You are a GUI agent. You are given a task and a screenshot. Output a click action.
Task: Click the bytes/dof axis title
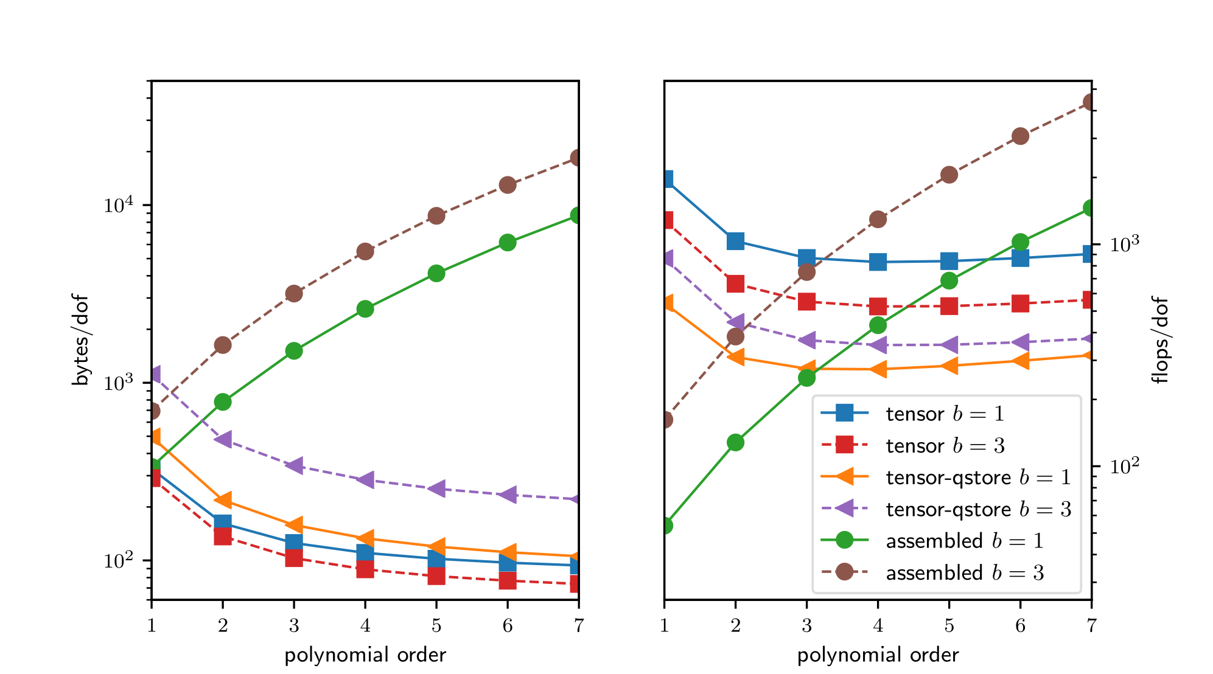pyautogui.click(x=80, y=340)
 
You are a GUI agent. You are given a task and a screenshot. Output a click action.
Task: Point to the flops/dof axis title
pyautogui.click(x=1161, y=340)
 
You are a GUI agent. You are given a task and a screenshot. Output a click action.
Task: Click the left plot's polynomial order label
pyautogui.click(x=365, y=655)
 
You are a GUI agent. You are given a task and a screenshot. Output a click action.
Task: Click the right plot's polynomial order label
pyautogui.click(x=878, y=655)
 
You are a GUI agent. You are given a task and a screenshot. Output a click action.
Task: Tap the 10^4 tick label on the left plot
pyautogui.click(x=118, y=205)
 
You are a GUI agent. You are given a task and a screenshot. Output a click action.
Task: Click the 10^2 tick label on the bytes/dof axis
pyautogui.click(x=118, y=560)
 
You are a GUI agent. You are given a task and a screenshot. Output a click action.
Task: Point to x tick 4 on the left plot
pyautogui.click(x=365, y=625)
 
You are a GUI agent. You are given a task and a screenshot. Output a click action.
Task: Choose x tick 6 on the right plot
pyautogui.click(x=1020, y=625)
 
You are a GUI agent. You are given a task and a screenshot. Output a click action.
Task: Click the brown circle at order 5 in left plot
pyautogui.click(x=436, y=215)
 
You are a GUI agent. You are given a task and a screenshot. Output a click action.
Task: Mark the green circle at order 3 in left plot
pyautogui.click(x=294, y=350)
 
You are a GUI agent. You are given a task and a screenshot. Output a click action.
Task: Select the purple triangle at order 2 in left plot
pyautogui.click(x=223, y=439)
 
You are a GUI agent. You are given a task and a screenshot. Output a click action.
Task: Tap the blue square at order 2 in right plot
pyautogui.click(x=735, y=241)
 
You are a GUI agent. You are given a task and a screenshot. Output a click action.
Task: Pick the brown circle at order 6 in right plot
pyautogui.click(x=1020, y=136)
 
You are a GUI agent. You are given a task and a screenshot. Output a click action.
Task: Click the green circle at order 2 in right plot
pyautogui.click(x=735, y=442)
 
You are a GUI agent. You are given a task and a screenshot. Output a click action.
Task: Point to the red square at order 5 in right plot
pyautogui.click(x=949, y=306)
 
